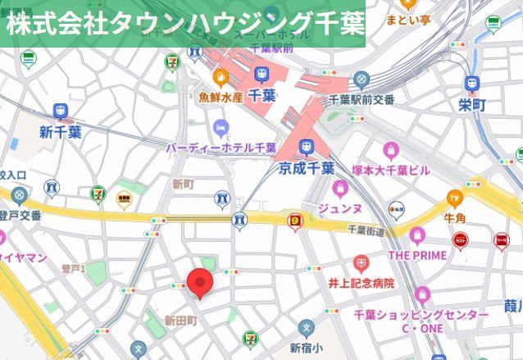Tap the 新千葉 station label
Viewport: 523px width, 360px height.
[x=60, y=131]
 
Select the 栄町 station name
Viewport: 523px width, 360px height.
[x=472, y=105]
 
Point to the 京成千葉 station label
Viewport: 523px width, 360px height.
[x=306, y=168]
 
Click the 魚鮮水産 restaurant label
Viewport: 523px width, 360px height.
[x=221, y=97]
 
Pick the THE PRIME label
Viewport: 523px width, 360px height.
[x=417, y=255]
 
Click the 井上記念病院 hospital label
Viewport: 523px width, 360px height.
[x=361, y=283]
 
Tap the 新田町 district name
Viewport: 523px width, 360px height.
[x=180, y=319]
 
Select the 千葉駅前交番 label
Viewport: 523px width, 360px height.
[x=361, y=99]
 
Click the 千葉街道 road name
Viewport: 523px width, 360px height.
[x=366, y=230]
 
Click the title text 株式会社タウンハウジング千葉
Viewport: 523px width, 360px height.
[x=184, y=23]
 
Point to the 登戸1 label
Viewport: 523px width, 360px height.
[x=72, y=268]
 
